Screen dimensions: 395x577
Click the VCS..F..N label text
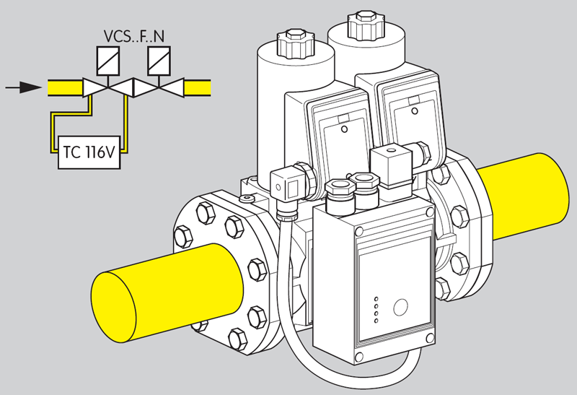coord(134,35)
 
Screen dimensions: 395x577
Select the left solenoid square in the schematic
coord(108,58)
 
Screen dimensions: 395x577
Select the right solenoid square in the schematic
coord(159,58)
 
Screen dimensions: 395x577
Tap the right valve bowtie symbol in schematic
coord(158,88)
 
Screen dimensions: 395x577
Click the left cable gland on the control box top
coord(336,193)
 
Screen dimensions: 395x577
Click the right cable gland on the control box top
coord(363,183)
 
